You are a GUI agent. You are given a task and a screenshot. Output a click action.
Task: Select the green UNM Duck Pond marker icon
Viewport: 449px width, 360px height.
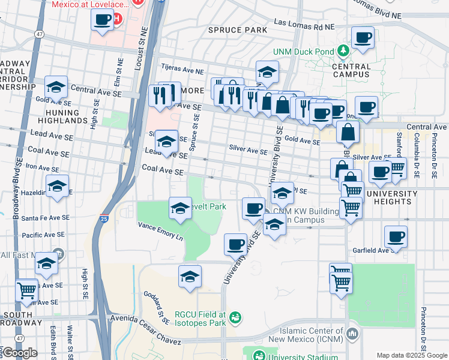[x=343, y=51]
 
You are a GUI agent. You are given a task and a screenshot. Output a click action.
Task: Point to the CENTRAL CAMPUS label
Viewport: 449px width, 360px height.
[x=351, y=70]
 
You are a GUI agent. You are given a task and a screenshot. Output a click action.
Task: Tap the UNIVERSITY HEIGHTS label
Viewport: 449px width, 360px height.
[x=391, y=198]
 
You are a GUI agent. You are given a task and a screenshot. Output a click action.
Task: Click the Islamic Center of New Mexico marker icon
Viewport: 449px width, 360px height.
[x=353, y=332]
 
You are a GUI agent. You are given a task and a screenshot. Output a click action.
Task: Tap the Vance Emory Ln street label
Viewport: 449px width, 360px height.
[x=160, y=231]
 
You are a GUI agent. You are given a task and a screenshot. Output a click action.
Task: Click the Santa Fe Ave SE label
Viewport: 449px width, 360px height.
[x=46, y=218]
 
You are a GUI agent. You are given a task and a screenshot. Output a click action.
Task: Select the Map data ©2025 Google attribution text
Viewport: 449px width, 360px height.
[x=412, y=355]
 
